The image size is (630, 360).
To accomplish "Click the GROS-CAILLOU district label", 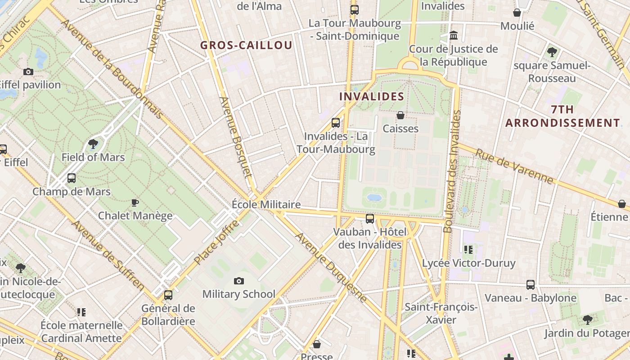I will click(x=246, y=45).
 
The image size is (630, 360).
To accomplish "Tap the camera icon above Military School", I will click(x=239, y=281).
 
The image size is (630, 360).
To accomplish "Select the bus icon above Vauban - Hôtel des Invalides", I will click(x=370, y=219).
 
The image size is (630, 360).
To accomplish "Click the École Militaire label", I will click(x=266, y=204).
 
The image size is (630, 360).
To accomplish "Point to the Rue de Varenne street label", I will click(x=514, y=166).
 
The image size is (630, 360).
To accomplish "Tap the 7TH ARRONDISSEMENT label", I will click(x=562, y=116).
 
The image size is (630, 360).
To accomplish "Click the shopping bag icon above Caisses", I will click(x=400, y=116).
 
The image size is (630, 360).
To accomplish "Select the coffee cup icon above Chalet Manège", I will click(x=135, y=202).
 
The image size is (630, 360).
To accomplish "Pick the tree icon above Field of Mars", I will click(x=93, y=144).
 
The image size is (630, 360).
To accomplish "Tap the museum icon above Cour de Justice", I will click(x=454, y=35).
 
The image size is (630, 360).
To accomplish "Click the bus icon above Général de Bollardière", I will click(x=168, y=295).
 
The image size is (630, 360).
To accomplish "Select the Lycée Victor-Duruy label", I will click(x=468, y=263).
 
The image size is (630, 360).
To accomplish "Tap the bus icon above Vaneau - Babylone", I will click(x=531, y=285).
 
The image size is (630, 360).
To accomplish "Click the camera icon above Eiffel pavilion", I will click(x=28, y=72).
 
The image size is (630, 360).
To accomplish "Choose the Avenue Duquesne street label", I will click(x=331, y=267).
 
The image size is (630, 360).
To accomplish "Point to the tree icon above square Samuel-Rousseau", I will click(x=552, y=52).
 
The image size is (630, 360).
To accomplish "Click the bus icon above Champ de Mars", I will click(x=72, y=178).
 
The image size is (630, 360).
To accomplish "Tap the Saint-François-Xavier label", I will click(x=441, y=313).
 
